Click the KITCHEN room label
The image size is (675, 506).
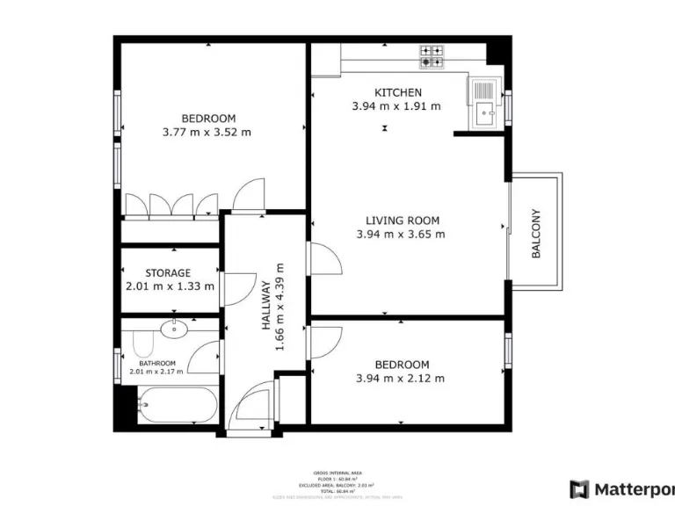click(x=398, y=92)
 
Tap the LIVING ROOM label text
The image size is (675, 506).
click(x=403, y=220)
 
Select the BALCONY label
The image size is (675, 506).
click(x=535, y=234)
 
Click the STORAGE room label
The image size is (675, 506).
click(x=168, y=273)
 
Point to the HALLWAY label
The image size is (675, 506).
click(x=265, y=306)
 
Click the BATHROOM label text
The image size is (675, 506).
click(x=157, y=363)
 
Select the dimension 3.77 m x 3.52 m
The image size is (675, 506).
click(x=207, y=133)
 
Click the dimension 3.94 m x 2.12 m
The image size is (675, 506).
click(x=401, y=379)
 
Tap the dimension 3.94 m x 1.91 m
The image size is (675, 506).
click(x=396, y=106)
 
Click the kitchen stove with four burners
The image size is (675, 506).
click(x=431, y=57)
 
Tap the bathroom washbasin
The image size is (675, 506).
click(x=174, y=329)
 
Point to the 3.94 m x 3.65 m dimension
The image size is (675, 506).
click(x=400, y=235)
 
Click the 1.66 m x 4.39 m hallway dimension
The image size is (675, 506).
click(x=280, y=306)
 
